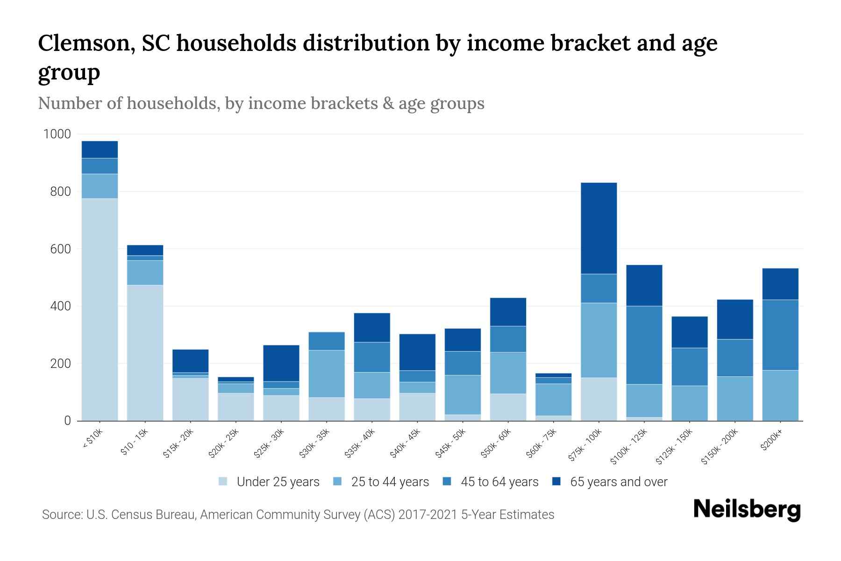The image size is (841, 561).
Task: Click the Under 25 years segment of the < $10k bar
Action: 100,309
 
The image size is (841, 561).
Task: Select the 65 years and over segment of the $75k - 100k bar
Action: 599,228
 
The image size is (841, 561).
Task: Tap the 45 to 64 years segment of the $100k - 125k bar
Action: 644,345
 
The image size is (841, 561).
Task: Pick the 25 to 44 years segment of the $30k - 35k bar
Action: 327,374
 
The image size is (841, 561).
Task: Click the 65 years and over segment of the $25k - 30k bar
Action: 281,363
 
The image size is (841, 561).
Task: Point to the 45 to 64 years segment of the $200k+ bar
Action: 780,335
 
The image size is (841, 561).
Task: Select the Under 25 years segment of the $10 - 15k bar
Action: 145,352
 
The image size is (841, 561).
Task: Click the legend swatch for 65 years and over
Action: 556,482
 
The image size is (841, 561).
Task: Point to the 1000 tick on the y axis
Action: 57,135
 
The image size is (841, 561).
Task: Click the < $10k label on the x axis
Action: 93,439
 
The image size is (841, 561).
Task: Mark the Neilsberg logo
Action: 747,510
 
